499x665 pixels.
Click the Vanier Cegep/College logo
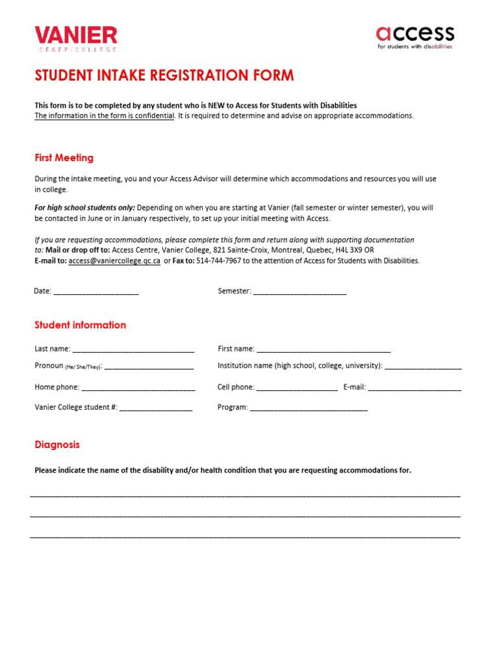tap(76, 38)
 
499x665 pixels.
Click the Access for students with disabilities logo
tap(415, 37)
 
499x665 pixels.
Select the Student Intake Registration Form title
tap(164, 75)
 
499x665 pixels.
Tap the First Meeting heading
tap(64, 158)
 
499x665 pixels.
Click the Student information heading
tap(80, 325)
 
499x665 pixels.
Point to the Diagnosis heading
tap(57, 445)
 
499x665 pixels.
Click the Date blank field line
tap(96, 292)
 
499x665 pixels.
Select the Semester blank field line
tap(300, 292)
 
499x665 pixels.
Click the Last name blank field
tap(133, 349)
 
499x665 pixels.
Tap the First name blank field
tap(324, 349)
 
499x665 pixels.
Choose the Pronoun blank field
tap(149, 366)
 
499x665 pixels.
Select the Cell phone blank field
tap(297, 388)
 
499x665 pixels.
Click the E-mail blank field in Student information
tap(415, 388)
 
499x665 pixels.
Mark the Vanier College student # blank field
tap(156, 408)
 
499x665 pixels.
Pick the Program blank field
tap(309, 408)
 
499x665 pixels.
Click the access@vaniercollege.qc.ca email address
tap(114, 261)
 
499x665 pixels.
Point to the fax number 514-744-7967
tap(219, 261)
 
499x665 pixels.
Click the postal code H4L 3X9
tap(350, 250)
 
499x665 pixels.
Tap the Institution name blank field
tap(423, 366)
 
